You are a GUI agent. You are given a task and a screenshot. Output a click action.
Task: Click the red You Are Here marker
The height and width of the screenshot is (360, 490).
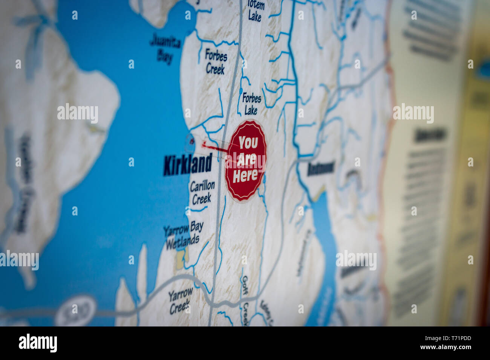245,161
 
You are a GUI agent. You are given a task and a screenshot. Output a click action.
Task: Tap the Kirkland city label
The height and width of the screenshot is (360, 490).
188,165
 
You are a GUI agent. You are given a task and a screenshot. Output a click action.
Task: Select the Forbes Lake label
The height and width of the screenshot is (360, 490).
251,104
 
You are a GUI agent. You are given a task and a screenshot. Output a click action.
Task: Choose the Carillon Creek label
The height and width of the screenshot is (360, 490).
202,192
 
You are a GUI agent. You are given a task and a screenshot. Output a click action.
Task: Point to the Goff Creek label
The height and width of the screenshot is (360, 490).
245,297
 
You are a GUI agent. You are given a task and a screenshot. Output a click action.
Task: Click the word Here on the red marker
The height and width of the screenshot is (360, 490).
245,175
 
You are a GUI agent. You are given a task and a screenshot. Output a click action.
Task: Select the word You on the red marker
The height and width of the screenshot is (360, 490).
248,143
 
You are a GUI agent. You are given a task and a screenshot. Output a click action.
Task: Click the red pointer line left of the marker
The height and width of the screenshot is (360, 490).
214,147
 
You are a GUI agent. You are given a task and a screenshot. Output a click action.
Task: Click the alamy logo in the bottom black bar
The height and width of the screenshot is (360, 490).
38,343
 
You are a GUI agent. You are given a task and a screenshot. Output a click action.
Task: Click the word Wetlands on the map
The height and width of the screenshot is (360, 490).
182,241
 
